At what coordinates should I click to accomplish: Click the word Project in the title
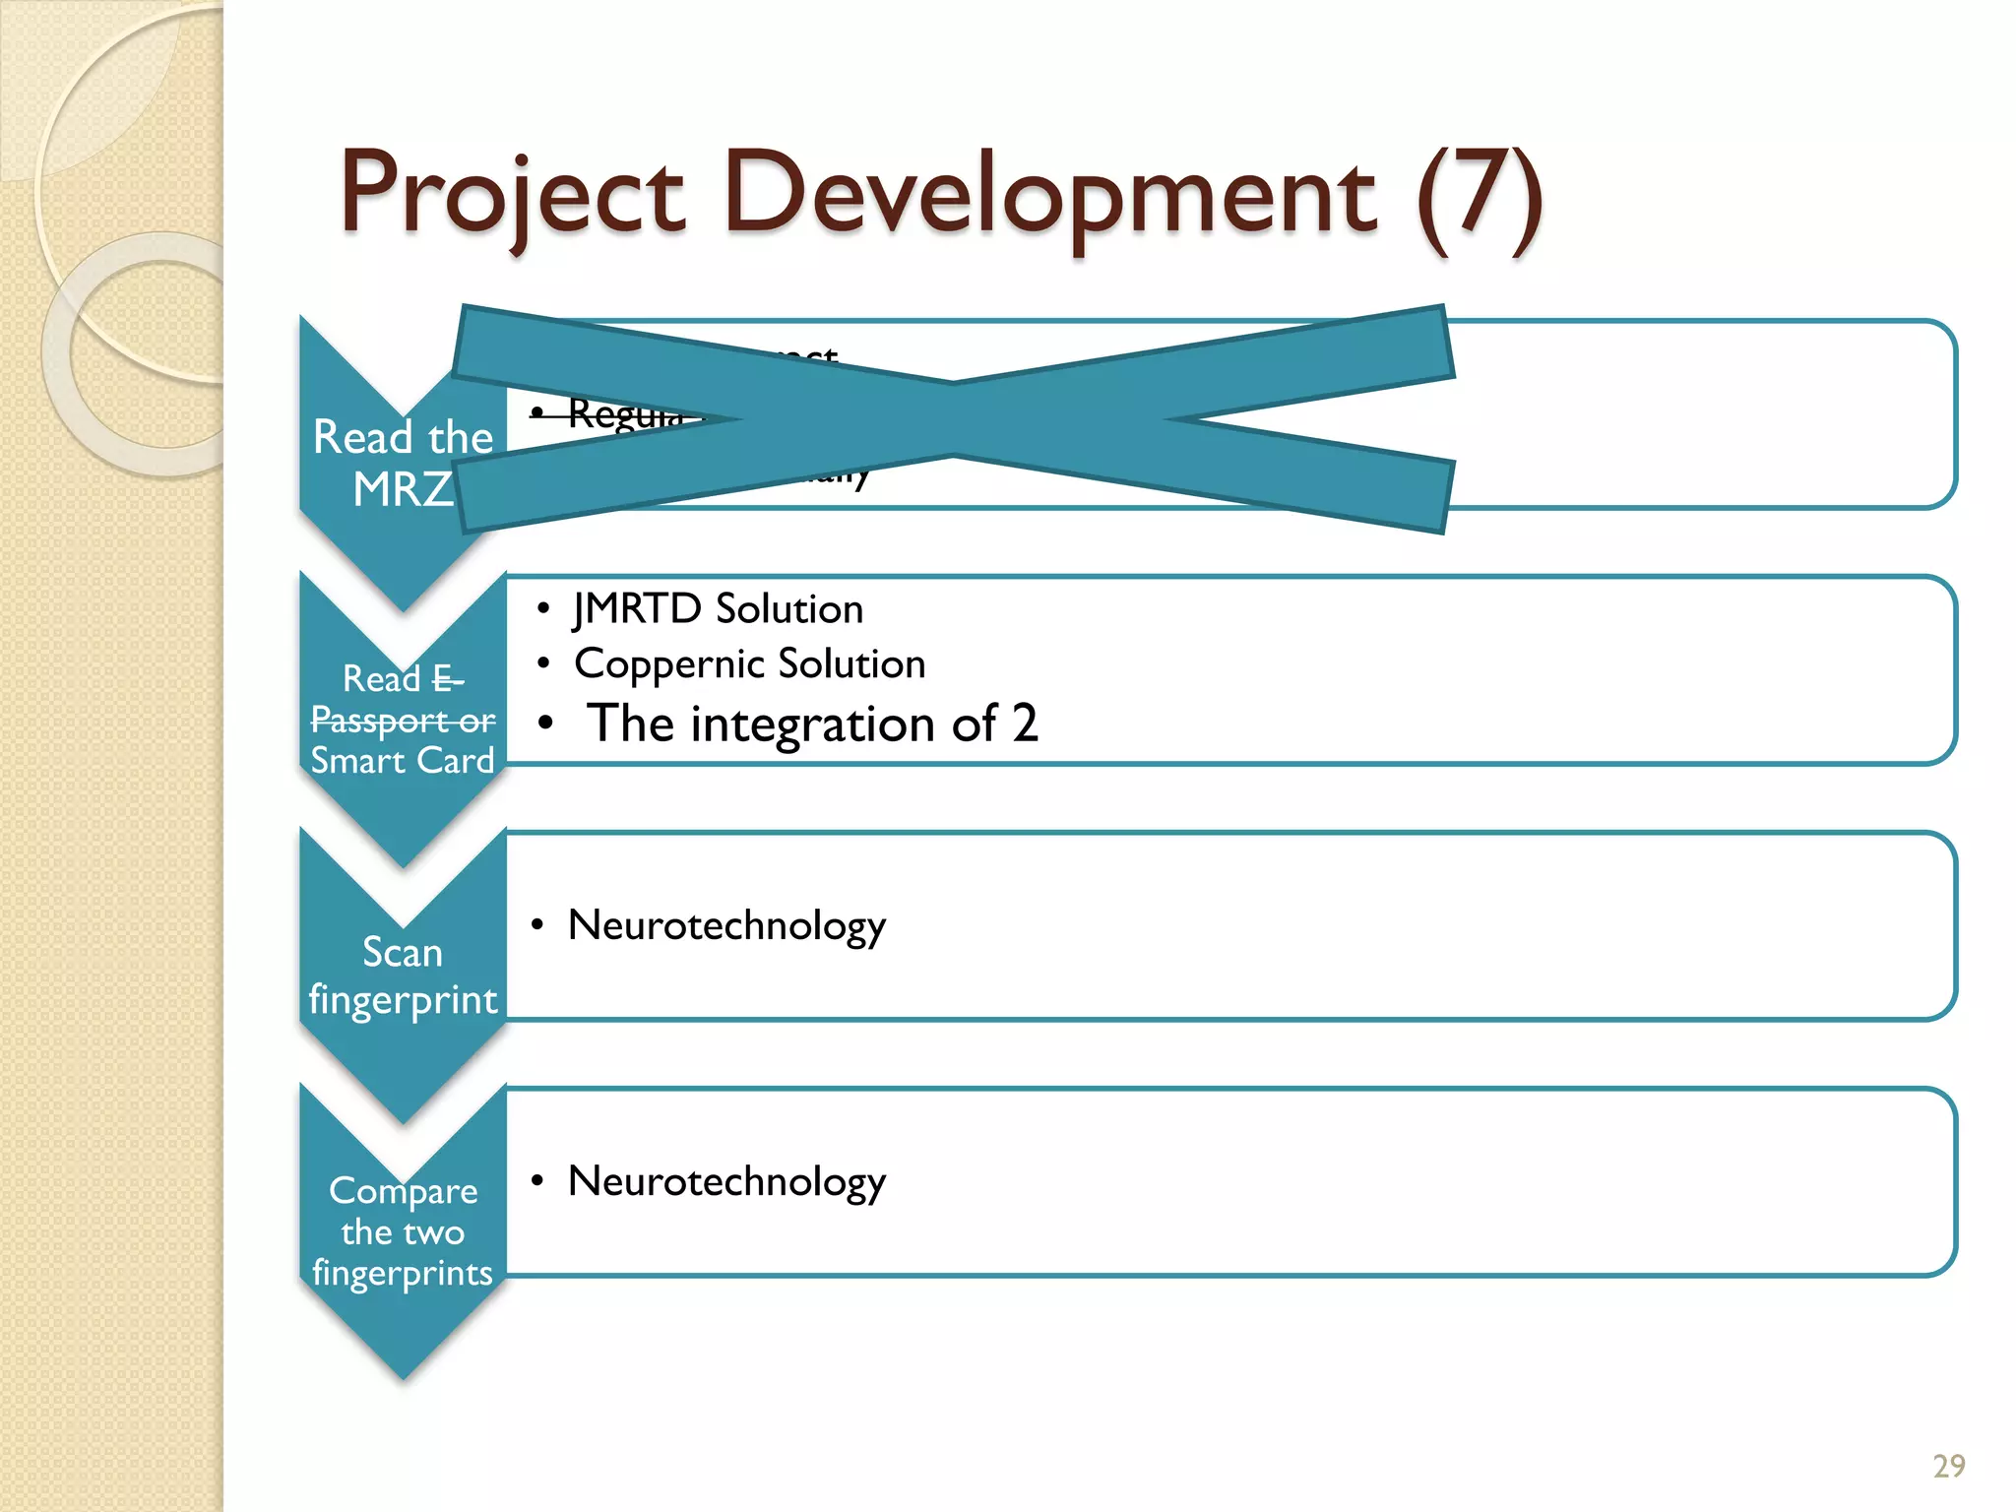pyautogui.click(x=512, y=195)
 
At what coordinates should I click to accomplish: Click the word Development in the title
pyautogui.click(x=1049, y=195)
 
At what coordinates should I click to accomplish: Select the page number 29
pyautogui.click(x=1948, y=1466)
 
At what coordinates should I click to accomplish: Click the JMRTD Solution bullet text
pyautogui.click(x=718, y=609)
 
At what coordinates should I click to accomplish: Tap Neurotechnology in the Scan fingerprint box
pyautogui.click(x=726, y=926)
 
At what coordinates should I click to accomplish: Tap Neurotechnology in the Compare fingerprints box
pyautogui.click(x=726, y=1182)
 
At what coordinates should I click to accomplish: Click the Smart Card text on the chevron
pyautogui.click(x=402, y=761)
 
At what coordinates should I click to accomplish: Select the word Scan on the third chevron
pyautogui.click(x=402, y=952)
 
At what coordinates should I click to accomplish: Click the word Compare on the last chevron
pyautogui.click(x=403, y=1192)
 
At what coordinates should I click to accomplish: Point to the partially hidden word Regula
pyautogui.click(x=624, y=414)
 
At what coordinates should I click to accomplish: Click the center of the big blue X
pyautogui.click(x=953, y=419)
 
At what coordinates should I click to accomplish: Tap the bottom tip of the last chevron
pyautogui.click(x=403, y=1374)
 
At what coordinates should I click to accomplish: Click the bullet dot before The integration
pyautogui.click(x=544, y=724)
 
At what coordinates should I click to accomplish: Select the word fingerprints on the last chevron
pyautogui.click(x=402, y=1274)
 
